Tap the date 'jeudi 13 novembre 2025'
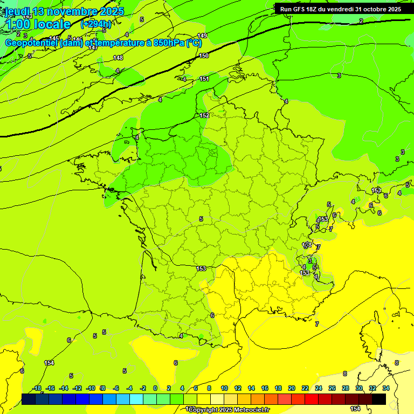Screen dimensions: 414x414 (x=64, y=11)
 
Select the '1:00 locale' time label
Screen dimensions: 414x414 (x=38, y=24)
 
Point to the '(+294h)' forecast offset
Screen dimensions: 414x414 (x=96, y=24)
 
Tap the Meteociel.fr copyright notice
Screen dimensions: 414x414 (x=229, y=410)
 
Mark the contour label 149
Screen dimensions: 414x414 (x=202, y=36)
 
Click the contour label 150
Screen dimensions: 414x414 (x=204, y=56)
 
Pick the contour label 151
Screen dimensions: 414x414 (x=204, y=79)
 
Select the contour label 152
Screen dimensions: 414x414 (x=204, y=115)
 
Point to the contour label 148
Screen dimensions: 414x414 (x=118, y=58)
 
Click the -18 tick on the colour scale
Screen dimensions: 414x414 (x=37, y=388)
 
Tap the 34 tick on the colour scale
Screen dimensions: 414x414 (x=386, y=388)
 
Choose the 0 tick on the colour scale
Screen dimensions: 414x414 (x=155, y=388)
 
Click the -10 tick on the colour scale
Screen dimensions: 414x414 (x=91, y=388)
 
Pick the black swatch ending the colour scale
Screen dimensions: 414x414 (x=379, y=399)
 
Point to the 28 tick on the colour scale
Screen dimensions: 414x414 (x=346, y=388)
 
